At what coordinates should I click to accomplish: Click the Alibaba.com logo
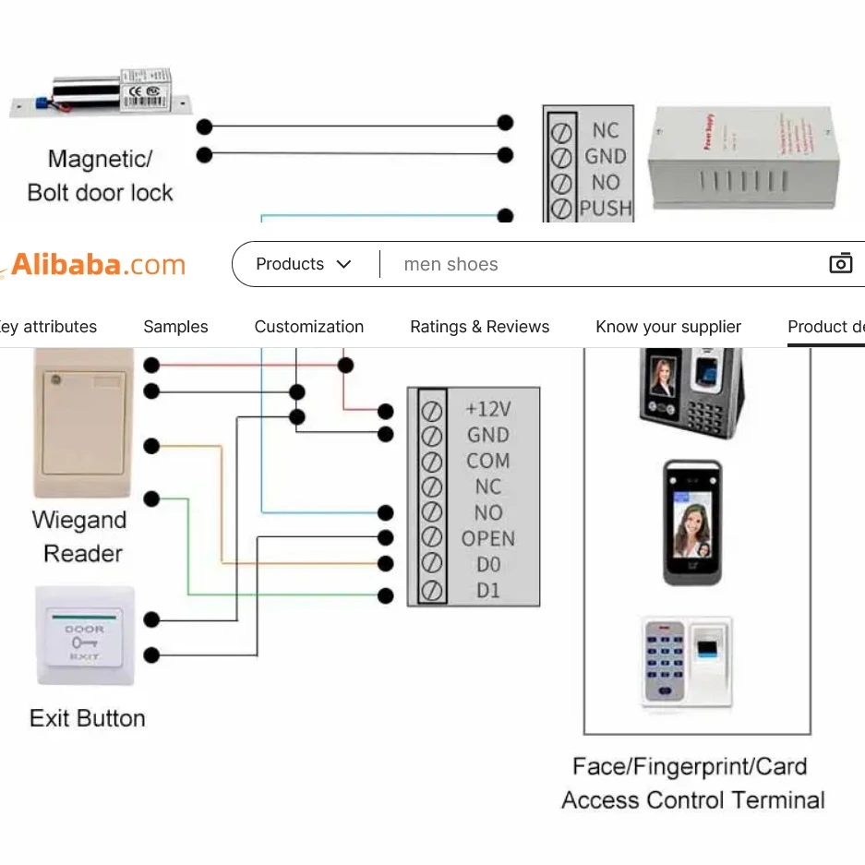[98, 266]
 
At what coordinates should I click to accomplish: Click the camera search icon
[840, 264]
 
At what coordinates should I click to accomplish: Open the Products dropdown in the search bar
[304, 264]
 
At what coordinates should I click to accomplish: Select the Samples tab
[175, 327]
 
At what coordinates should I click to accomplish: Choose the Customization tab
[309, 327]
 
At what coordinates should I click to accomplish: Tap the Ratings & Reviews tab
[480, 327]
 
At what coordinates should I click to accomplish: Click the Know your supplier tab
[668, 327]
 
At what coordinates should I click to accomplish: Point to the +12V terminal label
[488, 409]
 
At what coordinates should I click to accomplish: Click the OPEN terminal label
[488, 538]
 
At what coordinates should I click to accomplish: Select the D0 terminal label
[488, 564]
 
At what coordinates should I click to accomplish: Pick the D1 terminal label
[488, 590]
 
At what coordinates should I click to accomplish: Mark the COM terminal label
[488, 461]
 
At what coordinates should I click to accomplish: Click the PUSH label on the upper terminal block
[606, 209]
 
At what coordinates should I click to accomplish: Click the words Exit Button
[88, 718]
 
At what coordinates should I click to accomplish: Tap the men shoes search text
[451, 265]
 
